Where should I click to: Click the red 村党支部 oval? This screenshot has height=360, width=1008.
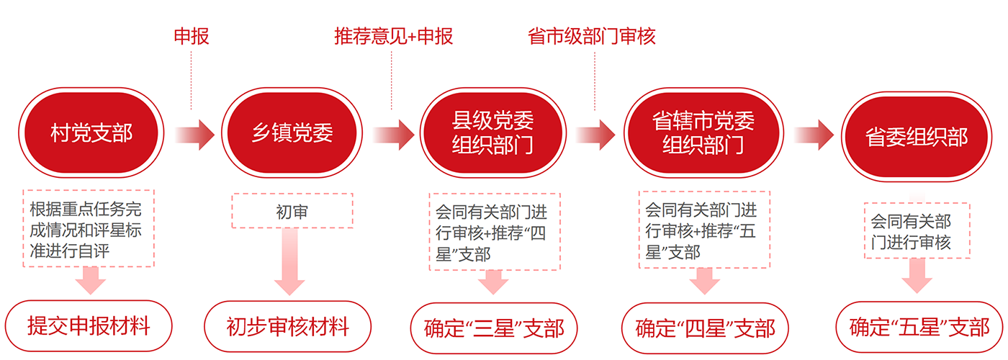click(91, 134)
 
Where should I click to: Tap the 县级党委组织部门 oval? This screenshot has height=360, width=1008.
click(493, 134)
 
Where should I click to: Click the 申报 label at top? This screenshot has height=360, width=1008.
click(192, 36)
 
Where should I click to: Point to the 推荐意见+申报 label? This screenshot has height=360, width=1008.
click(394, 36)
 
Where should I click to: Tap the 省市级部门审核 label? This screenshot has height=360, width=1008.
click(592, 36)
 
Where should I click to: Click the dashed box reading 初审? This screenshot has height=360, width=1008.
click(292, 210)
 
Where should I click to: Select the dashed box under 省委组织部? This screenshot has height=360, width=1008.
click(917, 230)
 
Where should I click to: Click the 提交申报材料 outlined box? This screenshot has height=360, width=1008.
click(89, 326)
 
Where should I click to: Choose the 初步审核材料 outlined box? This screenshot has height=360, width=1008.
click(287, 327)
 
